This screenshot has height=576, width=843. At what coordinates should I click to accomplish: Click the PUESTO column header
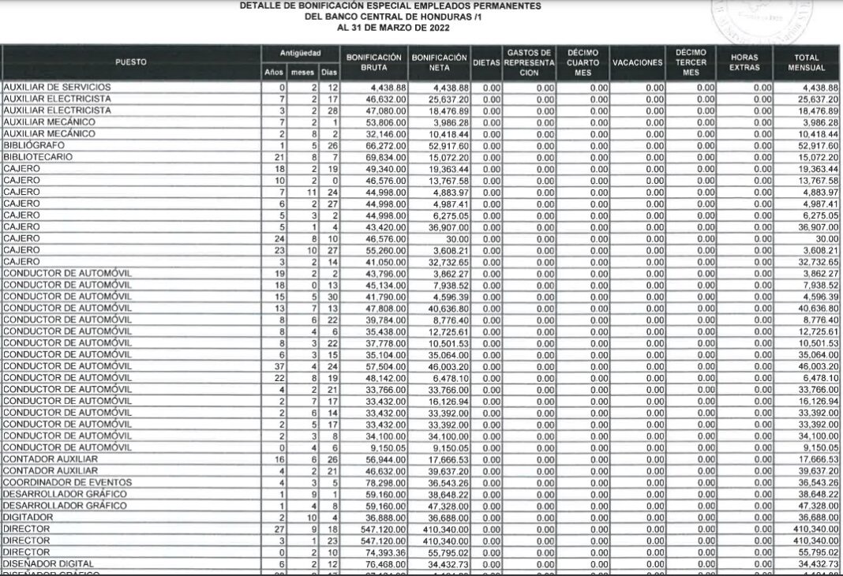[130, 62]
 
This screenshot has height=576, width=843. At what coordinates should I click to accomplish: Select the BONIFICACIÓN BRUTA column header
[374, 62]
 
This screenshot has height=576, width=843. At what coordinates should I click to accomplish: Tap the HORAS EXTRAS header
[744, 62]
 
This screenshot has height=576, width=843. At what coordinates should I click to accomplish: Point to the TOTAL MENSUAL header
[807, 62]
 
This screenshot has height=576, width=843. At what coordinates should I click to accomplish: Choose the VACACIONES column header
[637, 62]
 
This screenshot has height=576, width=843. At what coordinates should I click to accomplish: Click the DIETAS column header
[486, 62]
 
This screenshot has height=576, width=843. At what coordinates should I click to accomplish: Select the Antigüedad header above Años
[300, 53]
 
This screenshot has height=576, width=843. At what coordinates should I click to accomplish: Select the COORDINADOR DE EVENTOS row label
[67, 482]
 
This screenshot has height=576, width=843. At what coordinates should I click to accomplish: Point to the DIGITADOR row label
[28, 517]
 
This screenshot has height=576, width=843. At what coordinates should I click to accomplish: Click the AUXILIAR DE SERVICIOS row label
[57, 87]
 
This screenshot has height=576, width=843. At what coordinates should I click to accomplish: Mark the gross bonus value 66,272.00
[386, 146]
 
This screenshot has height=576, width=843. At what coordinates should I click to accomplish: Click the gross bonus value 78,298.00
[386, 482]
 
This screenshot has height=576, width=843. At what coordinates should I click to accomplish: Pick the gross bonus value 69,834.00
[386, 157]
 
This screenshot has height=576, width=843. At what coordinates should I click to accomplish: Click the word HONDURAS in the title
[426, 17]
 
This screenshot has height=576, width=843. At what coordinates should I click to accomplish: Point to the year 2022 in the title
[435, 28]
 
